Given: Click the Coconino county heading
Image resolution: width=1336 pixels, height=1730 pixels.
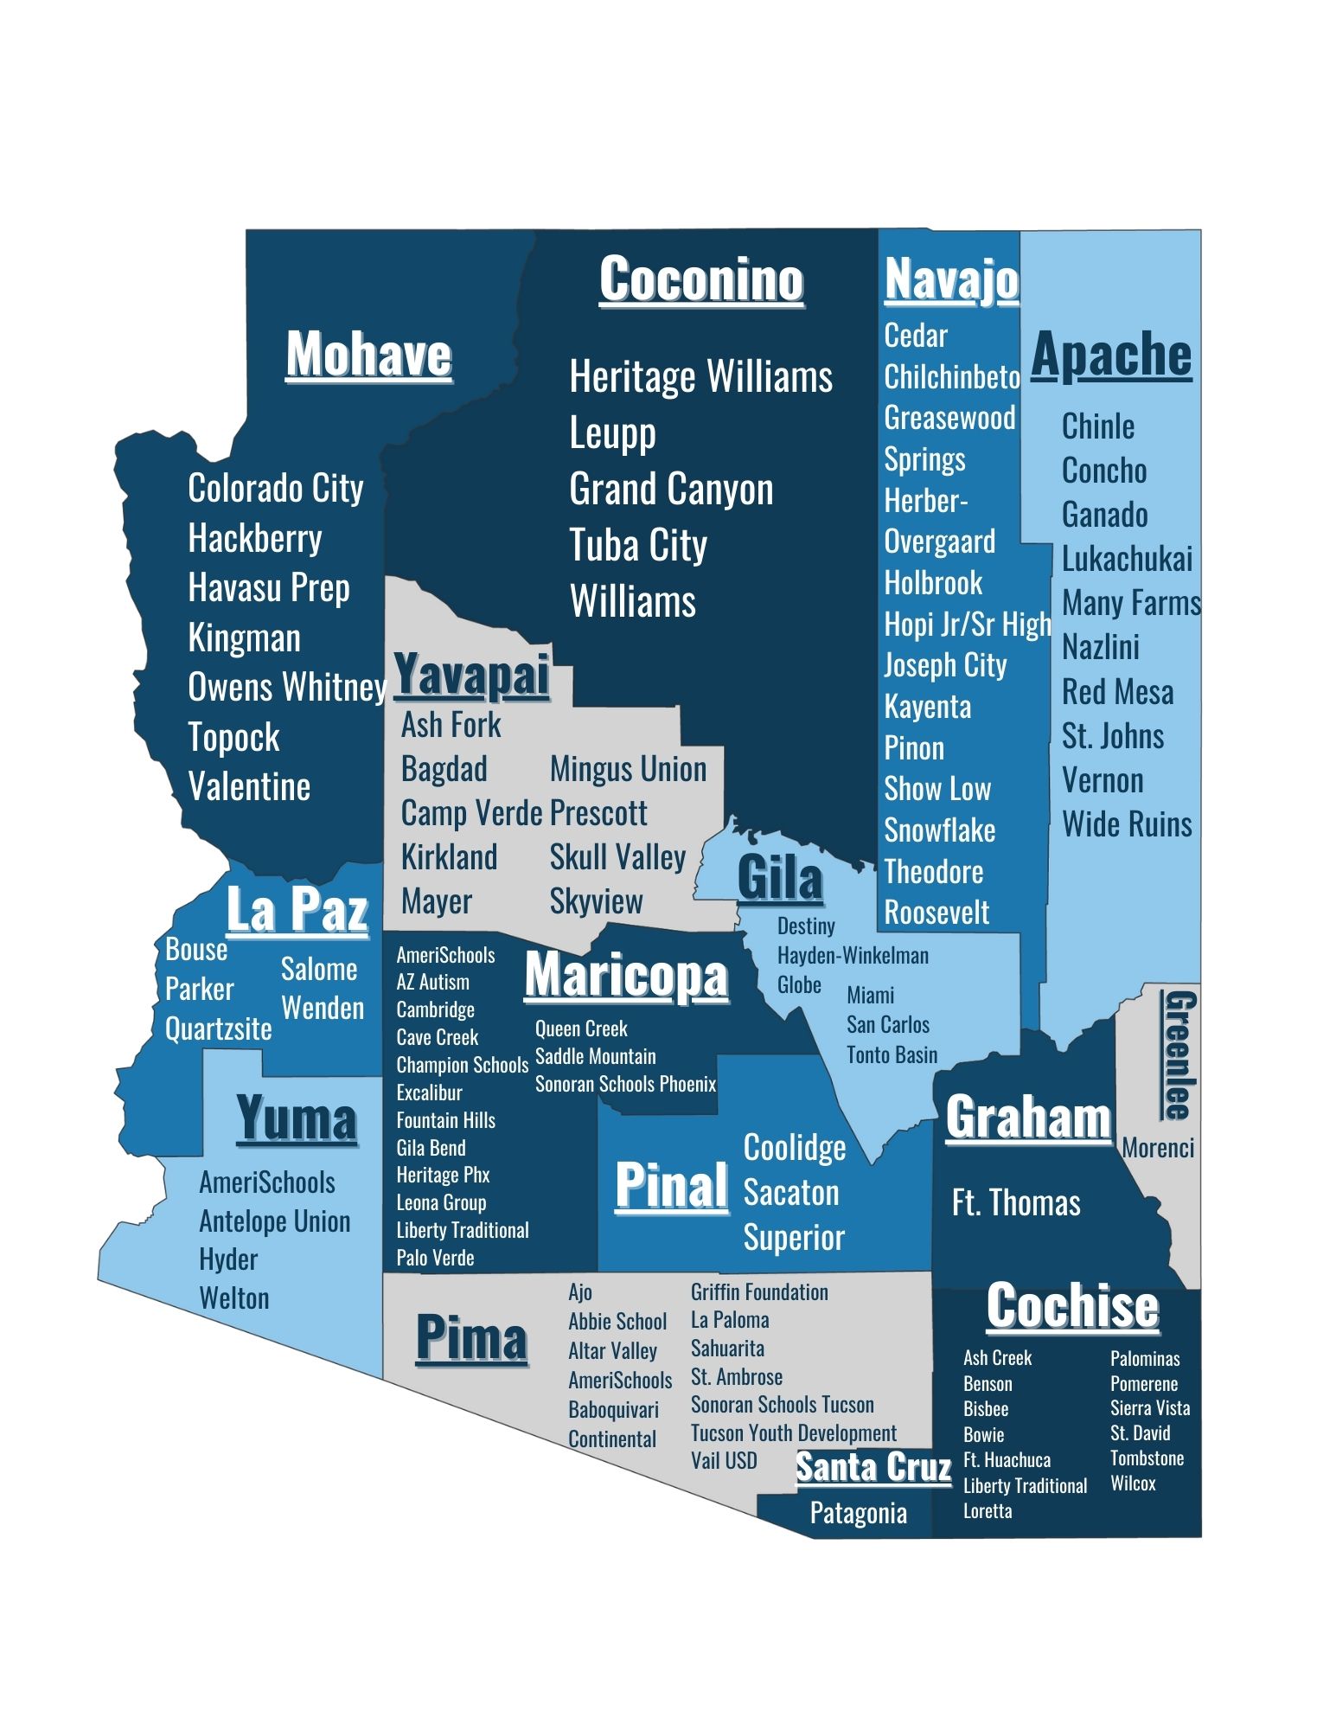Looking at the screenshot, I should pyautogui.click(x=701, y=279).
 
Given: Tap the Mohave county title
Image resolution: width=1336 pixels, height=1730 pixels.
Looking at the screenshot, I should pyautogui.click(x=368, y=354).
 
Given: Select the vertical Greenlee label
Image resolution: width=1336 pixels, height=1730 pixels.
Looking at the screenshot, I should pyautogui.click(x=1179, y=1054).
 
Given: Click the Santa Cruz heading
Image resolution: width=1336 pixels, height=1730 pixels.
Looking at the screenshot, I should pyautogui.click(x=873, y=1467).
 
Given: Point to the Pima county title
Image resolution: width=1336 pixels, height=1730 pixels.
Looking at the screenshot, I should pyautogui.click(x=471, y=1338).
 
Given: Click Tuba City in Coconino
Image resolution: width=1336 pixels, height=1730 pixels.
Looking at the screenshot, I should pyautogui.click(x=638, y=546).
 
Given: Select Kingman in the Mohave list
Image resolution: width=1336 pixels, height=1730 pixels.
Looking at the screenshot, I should pyautogui.click(x=244, y=638).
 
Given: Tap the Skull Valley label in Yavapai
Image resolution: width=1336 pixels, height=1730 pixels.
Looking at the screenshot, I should pyautogui.click(x=617, y=856).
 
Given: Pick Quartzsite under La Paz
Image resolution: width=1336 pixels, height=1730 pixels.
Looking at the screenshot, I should pyautogui.click(x=218, y=1028).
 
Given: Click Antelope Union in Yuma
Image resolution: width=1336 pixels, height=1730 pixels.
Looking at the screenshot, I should pyautogui.click(x=274, y=1221).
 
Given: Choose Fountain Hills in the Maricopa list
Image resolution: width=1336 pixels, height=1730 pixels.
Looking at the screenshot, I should pyautogui.click(x=445, y=1120).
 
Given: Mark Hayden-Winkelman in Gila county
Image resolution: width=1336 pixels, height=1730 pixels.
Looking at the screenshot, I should pyautogui.click(x=853, y=955).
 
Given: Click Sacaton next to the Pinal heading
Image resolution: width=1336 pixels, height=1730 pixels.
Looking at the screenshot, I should pyautogui.click(x=790, y=1193).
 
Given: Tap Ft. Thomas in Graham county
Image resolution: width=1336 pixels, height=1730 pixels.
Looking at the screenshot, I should pyautogui.click(x=1015, y=1203).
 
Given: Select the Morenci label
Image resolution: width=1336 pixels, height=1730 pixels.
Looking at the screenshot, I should pyautogui.click(x=1157, y=1148).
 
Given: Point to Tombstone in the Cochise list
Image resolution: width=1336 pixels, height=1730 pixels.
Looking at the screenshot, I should pyautogui.click(x=1147, y=1458).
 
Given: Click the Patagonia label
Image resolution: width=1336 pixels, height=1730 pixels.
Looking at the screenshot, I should pyautogui.click(x=858, y=1513).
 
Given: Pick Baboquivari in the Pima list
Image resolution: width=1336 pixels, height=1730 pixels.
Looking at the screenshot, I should pyautogui.click(x=613, y=1409).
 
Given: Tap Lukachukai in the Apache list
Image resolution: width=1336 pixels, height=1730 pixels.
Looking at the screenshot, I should pyautogui.click(x=1126, y=559).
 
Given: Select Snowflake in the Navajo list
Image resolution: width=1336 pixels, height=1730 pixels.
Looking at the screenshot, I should pyautogui.click(x=939, y=830).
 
